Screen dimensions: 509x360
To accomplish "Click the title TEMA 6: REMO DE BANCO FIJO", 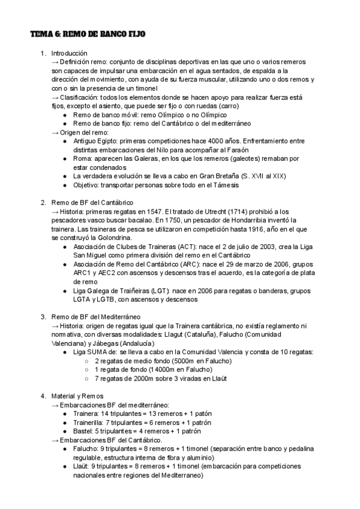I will [x=88, y=35].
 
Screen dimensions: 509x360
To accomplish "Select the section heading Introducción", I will [x=69, y=53].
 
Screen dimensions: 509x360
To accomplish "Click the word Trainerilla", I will [x=91, y=423].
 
